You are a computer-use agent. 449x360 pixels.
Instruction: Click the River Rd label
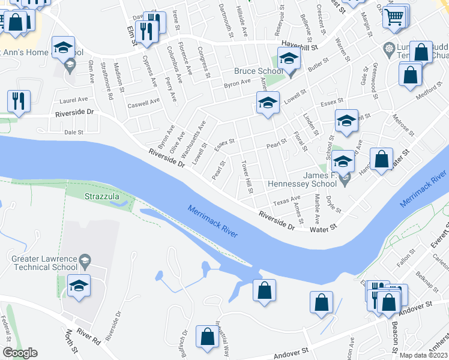[x=89, y=336]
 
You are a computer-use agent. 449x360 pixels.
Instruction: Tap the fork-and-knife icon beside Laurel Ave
[x=19, y=100]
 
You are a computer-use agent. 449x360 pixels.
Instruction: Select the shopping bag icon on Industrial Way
[x=207, y=338]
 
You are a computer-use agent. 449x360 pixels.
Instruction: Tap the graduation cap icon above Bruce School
[x=289, y=59]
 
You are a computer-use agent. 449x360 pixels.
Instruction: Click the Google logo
[x=20, y=353]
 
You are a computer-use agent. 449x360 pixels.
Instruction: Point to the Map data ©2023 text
[x=423, y=355]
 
